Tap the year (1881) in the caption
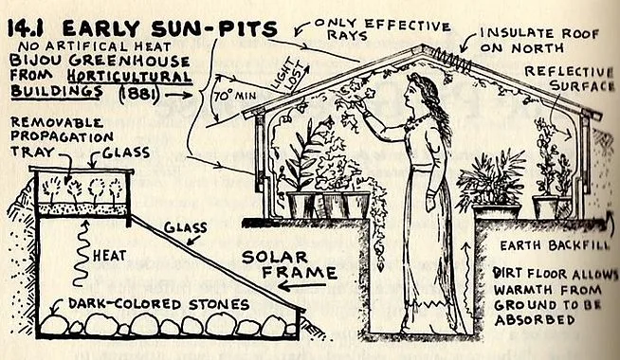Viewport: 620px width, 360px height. click(138, 94)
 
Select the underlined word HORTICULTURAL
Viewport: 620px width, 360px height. click(129, 76)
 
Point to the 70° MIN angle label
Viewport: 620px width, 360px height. click(235, 96)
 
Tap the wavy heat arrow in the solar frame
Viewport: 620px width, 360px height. click(82, 253)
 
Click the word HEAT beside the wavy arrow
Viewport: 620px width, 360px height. click(110, 255)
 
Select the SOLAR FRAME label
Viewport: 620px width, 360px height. click(289, 264)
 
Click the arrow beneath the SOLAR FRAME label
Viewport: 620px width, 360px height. click(302, 286)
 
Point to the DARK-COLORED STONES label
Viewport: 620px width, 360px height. click(158, 304)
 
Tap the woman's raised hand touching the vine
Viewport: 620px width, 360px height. click(361, 106)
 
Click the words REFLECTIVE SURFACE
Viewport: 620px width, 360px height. click(570, 79)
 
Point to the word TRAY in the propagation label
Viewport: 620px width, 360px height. click(32, 152)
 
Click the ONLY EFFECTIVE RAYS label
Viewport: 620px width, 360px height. click(382, 28)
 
